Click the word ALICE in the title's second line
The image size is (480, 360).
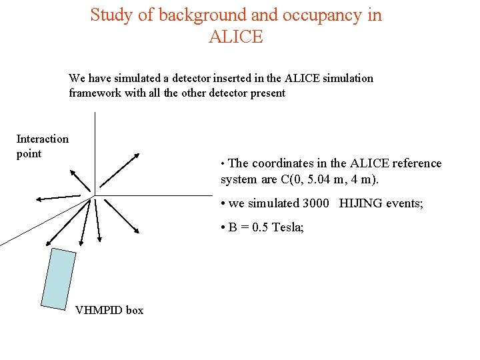[236, 37]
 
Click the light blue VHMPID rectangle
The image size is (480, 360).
[58, 279]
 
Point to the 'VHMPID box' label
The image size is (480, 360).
[109, 310]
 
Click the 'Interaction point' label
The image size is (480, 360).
[42, 146]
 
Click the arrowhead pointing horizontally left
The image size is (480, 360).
[40, 199]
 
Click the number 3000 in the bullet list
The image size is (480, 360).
[317, 203]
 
